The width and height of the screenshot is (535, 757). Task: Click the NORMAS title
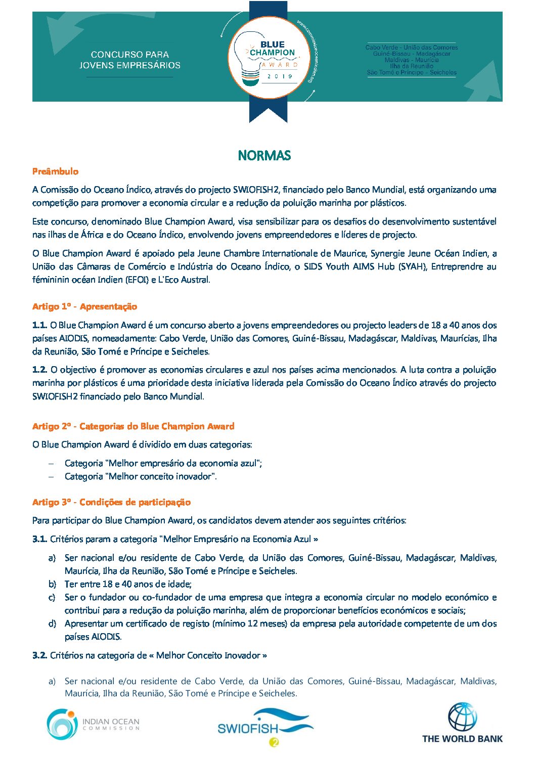point(264,155)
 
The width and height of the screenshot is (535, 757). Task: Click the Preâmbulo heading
point(55,171)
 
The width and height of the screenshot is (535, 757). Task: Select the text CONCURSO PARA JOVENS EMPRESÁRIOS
point(130,60)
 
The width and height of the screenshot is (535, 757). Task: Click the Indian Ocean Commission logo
point(93,724)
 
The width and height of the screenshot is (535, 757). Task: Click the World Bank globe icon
point(462,717)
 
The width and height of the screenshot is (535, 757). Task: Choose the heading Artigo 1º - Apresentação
point(84,306)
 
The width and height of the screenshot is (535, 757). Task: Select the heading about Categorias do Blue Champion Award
point(133,426)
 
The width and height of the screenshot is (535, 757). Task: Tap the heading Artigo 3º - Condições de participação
point(111,502)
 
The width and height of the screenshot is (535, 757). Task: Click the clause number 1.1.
point(39,325)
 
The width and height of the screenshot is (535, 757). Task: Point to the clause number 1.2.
point(39,370)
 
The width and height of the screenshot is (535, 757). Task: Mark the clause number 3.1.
point(39,539)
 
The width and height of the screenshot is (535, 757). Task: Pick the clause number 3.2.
point(39,655)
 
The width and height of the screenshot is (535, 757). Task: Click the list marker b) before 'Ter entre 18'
point(52,584)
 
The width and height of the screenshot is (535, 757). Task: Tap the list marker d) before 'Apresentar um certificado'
point(52,624)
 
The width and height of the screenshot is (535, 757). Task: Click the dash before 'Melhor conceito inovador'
point(51,476)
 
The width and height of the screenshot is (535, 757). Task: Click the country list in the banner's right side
point(412,60)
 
